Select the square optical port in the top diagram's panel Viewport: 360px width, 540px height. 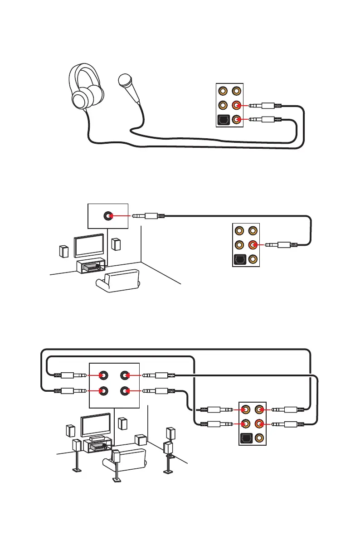224,121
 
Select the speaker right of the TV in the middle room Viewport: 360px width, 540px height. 117,245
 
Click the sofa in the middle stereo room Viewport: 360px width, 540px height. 118,281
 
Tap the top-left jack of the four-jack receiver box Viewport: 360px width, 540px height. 103,375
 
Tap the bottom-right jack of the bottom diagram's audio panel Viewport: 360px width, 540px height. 259,439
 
